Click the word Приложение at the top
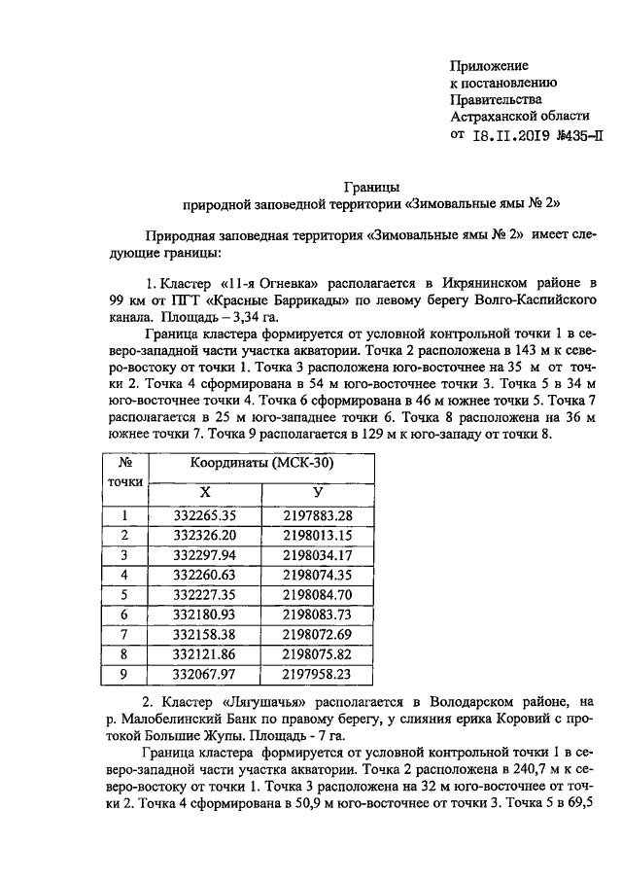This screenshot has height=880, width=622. (x=489, y=65)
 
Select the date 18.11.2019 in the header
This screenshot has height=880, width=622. (x=518, y=135)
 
